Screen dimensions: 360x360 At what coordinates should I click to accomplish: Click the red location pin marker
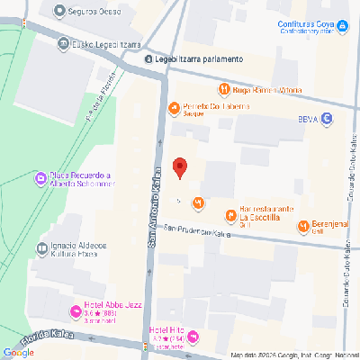[x=179, y=167]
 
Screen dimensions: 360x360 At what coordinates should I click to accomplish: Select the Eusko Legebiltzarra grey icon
[x=64, y=42]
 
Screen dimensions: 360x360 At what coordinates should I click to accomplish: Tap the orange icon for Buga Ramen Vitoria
[x=222, y=89]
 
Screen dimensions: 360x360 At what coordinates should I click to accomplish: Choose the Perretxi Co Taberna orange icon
[x=174, y=109]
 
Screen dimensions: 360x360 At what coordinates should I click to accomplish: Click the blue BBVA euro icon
[x=327, y=118]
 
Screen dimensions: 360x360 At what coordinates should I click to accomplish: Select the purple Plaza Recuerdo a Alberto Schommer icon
[x=40, y=179]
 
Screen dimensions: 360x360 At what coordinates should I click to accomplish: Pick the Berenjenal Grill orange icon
[x=302, y=225]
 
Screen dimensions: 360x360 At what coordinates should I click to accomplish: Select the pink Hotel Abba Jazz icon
[x=75, y=312]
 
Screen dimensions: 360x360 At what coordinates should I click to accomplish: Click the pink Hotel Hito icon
[x=193, y=337]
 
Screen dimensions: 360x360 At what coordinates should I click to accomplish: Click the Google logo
[x=18, y=353]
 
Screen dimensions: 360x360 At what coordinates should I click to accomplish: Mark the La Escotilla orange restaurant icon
[x=230, y=214]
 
